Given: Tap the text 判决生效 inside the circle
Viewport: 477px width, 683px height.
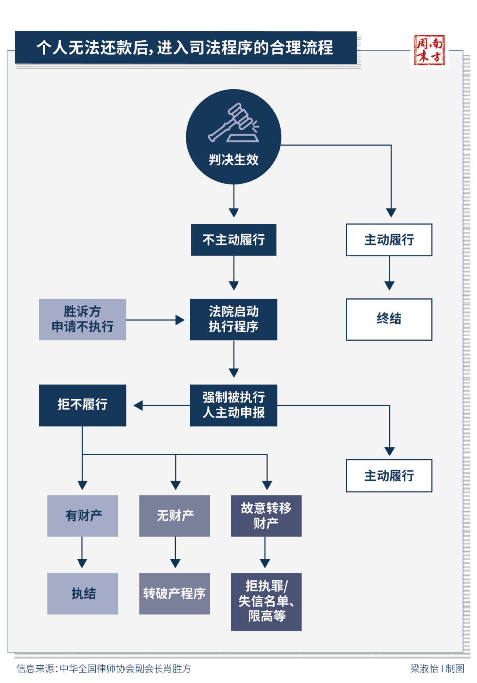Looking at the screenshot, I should [234, 160].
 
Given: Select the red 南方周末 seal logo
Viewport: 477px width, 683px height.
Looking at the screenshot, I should [429, 50].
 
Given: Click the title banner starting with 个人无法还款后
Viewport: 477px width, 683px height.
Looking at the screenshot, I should [185, 48].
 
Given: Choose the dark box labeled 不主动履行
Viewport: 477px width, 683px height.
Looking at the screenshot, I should [234, 240].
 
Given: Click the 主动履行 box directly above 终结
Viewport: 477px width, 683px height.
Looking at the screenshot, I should [389, 240].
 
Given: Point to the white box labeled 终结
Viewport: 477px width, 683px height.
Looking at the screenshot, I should [389, 319].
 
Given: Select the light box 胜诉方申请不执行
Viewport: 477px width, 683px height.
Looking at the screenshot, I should [82, 319].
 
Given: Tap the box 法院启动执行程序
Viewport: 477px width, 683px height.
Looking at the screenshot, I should [234, 319].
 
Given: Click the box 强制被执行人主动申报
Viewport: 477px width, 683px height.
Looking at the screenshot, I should [234, 405].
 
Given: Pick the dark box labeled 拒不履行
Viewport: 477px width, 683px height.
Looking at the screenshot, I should [82, 405].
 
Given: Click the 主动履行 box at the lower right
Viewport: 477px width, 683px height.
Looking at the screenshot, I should [389, 476].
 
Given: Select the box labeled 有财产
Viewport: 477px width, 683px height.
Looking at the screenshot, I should [82, 516].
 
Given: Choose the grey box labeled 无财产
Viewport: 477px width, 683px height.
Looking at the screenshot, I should [174, 516].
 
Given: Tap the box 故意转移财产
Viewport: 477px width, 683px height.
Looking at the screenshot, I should [266, 516].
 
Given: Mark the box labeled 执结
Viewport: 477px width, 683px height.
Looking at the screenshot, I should [82, 594].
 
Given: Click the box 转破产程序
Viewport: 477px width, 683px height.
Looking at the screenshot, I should [174, 594].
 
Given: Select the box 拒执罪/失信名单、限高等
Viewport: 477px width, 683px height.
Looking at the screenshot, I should [266, 602].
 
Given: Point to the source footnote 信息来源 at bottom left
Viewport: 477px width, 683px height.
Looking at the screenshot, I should [103, 669].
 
